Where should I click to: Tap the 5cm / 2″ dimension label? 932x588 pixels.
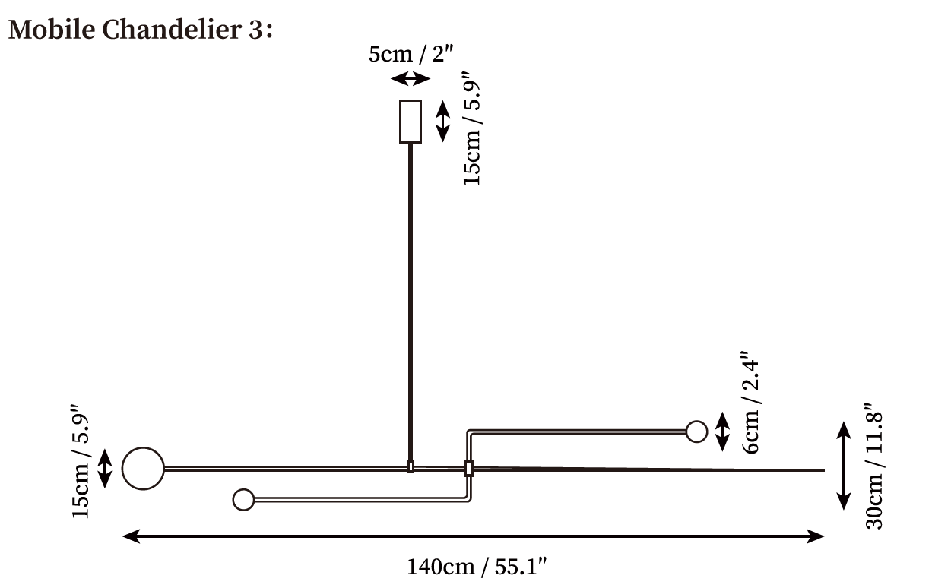tap(411, 55)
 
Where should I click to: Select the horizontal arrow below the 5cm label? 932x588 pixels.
tap(411, 78)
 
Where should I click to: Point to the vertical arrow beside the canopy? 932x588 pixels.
tap(442, 122)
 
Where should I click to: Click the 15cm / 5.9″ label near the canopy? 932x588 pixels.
tap(472, 128)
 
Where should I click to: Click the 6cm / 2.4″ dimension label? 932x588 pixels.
tap(751, 402)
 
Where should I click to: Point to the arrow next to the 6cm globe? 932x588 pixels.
tap(723, 432)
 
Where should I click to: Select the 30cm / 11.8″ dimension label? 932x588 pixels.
tap(874, 466)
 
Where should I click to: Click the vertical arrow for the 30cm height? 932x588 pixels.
tap(843, 466)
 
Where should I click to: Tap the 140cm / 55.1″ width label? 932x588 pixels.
tap(477, 567)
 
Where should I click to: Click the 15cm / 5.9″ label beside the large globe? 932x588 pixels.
tap(81, 461)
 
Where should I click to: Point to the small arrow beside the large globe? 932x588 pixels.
tap(105, 468)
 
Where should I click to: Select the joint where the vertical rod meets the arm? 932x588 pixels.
tap(411, 466)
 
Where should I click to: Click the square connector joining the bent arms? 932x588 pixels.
tap(469, 468)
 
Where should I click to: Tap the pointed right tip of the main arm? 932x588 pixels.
tap(824, 470)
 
